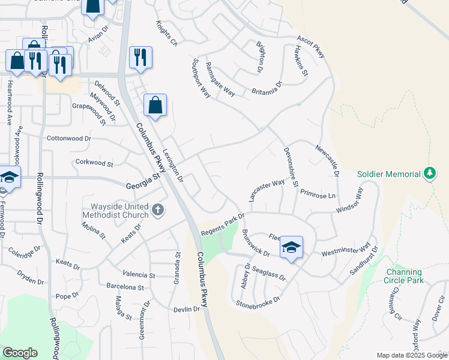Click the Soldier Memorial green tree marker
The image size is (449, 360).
(x=429, y=173)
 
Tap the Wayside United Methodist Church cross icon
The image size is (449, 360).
(x=158, y=209)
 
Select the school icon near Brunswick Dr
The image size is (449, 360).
(x=291, y=248)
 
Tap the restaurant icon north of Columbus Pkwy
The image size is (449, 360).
(x=140, y=58)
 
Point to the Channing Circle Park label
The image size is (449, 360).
(x=405, y=276)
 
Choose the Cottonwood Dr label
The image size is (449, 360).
(x=68, y=138)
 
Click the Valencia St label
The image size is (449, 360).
(x=139, y=275)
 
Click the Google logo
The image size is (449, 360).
(x=20, y=353)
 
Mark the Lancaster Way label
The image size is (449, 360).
(x=265, y=190)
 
